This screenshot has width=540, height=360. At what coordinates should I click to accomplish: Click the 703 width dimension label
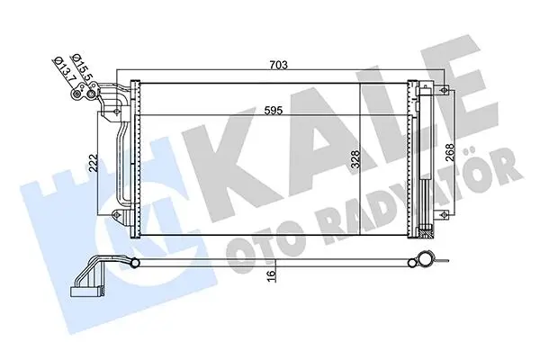pyautogui.click(x=279, y=65)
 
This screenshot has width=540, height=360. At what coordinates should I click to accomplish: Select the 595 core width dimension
pyautogui.click(x=274, y=110)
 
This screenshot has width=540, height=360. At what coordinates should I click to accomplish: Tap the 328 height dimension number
pyautogui.click(x=355, y=159)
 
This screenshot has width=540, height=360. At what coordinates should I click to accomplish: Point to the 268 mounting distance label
pyautogui.click(x=450, y=152)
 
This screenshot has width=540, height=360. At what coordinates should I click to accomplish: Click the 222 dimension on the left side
pyautogui.click(x=93, y=163)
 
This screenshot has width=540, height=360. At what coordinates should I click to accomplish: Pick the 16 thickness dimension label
pyautogui.click(x=272, y=276)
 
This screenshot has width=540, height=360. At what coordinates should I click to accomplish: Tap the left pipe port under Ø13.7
pyautogui.click(x=76, y=94)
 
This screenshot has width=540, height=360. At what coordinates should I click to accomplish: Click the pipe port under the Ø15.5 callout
pyautogui.click(x=91, y=94)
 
